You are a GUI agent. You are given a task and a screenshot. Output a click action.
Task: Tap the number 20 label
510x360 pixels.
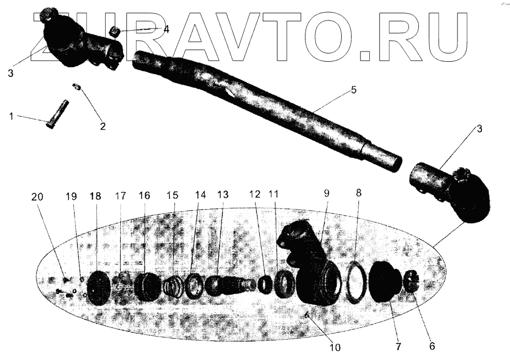coord(37,197)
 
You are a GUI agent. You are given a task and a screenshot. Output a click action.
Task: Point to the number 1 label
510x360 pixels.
coord(11,117)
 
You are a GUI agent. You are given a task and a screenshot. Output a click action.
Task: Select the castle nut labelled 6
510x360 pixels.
coord(413,282)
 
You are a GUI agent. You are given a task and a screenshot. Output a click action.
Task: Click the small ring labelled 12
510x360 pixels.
coord(265,284)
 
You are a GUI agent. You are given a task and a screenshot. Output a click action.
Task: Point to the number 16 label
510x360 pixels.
coord(144,196)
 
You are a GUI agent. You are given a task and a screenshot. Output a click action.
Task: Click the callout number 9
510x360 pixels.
coord(326,193)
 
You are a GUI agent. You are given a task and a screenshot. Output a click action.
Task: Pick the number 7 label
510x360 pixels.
coord(397,346)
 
